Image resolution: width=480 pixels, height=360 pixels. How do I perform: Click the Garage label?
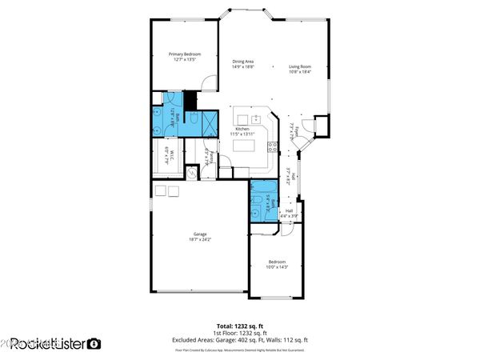tap(200, 234)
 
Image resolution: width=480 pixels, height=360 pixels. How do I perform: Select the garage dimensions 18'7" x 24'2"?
tap(200, 239)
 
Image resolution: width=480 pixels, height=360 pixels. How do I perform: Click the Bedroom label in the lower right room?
tap(277, 262)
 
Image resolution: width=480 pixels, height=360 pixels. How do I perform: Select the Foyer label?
tap(295, 130)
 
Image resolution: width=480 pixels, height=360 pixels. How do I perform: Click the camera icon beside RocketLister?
tap(94, 344)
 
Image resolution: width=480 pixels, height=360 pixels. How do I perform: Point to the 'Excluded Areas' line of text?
tap(239, 341)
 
